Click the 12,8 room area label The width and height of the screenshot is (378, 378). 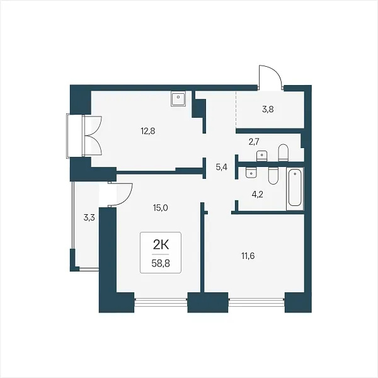[x=148, y=132]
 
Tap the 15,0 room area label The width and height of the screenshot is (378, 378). [x=160, y=207]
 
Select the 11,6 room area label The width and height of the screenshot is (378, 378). [x=248, y=256]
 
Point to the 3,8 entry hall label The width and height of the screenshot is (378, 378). [x=268, y=110]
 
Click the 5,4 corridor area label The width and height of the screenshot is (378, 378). [x=222, y=167]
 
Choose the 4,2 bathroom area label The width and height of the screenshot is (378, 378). [x=257, y=194]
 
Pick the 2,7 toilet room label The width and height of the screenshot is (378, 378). [x=254, y=142]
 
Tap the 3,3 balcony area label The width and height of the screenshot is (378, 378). [x=89, y=218]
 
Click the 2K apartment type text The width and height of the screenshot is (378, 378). [x=161, y=246]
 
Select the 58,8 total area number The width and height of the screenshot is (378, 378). [x=161, y=263]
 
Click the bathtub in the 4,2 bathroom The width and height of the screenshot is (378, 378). [x=295, y=188]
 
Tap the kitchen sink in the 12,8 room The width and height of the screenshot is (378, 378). [x=178, y=98]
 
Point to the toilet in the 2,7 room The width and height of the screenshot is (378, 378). [x=283, y=153]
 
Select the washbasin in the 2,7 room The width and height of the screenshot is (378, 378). [x=262, y=156]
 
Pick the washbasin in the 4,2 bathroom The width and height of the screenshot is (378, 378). [x=251, y=173]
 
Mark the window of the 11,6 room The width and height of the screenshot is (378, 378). [x=256, y=300]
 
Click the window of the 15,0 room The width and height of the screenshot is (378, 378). [x=161, y=300]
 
